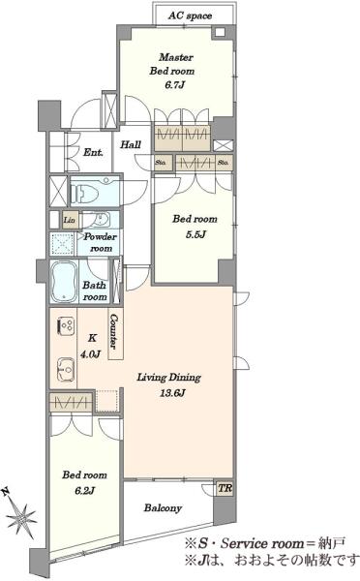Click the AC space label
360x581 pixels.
pos(190,15)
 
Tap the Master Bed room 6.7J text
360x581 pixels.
pos(172,71)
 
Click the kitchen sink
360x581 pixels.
pos(67,369)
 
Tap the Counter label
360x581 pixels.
pos(115,331)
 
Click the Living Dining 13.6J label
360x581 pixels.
pos(169,384)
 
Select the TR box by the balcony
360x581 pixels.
pos(225,488)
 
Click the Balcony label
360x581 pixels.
pos(163,507)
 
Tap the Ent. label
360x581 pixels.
pos(93,152)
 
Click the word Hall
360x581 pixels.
pos(131,144)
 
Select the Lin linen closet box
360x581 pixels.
pos(70,220)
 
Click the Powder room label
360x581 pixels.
pos(100,242)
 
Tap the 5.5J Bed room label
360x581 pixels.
pos(195,226)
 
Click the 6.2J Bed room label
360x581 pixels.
pos(85,482)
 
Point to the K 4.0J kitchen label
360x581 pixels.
pos(91,346)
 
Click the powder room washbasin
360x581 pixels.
pos(100,220)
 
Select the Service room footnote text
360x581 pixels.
pos(265,543)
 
